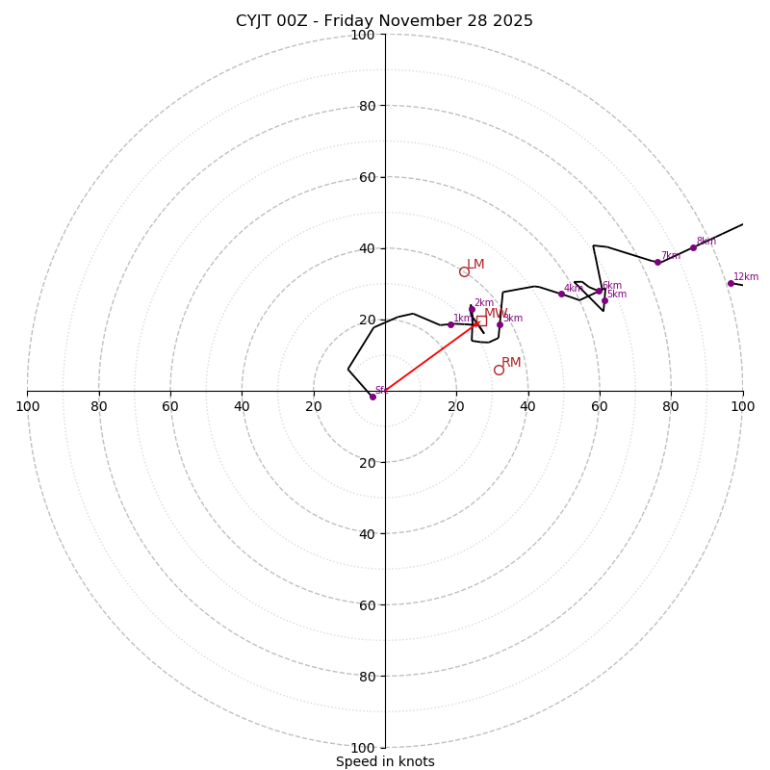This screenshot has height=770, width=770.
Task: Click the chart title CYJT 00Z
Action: click(x=384, y=21)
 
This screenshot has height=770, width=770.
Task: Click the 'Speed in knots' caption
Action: click(x=385, y=761)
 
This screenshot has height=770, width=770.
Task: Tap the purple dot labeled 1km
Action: click(x=450, y=324)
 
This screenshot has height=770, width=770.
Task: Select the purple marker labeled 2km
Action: click(x=472, y=309)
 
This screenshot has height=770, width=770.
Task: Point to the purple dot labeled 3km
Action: click(x=500, y=324)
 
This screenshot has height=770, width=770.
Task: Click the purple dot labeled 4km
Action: click(x=561, y=294)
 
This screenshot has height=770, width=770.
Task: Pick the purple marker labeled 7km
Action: click(x=657, y=262)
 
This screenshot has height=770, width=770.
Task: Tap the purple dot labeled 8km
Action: click(x=693, y=247)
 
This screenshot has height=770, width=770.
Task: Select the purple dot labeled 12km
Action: click(x=731, y=283)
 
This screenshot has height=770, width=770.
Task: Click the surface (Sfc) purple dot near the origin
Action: click(x=372, y=397)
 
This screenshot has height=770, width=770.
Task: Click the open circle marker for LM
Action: click(x=464, y=271)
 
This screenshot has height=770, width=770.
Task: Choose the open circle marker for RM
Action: click(x=499, y=370)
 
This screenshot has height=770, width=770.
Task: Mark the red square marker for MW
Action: click(x=481, y=321)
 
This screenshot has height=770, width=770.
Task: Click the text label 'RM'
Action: click(x=511, y=363)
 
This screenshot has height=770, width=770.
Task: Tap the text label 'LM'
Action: click(x=475, y=265)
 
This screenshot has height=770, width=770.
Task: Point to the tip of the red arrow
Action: click(x=476, y=322)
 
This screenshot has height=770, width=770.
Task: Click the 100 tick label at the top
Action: click(x=363, y=35)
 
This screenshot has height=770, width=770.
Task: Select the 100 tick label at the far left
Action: click(x=27, y=406)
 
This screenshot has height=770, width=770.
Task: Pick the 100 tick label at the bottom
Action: click(x=363, y=748)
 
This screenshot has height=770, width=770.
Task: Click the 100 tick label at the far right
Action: click(x=742, y=406)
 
